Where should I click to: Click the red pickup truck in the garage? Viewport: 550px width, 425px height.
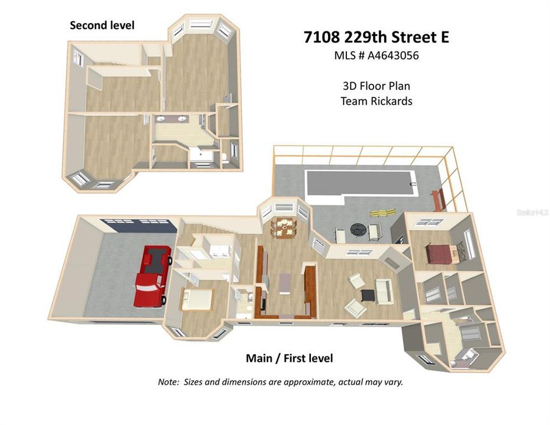[153, 276]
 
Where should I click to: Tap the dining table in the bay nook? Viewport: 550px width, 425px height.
[283, 228]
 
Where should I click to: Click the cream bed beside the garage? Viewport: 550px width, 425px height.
[197, 300]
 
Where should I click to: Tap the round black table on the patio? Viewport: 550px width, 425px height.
[358, 231]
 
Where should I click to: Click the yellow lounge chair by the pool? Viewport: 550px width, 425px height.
[382, 212]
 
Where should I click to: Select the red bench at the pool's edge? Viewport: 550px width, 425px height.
[438, 200]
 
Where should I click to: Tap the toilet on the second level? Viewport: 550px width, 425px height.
[225, 158]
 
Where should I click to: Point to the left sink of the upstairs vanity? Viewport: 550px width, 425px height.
[161, 119]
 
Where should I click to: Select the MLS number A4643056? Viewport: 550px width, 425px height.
[393, 55]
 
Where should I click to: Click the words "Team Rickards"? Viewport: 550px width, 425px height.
[377, 101]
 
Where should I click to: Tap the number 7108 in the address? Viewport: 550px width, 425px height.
[322, 37]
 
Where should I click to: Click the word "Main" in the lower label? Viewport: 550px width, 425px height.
[259, 358]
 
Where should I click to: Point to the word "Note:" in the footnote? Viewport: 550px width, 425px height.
[169, 382]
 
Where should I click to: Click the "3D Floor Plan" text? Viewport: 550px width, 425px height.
[377, 86]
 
